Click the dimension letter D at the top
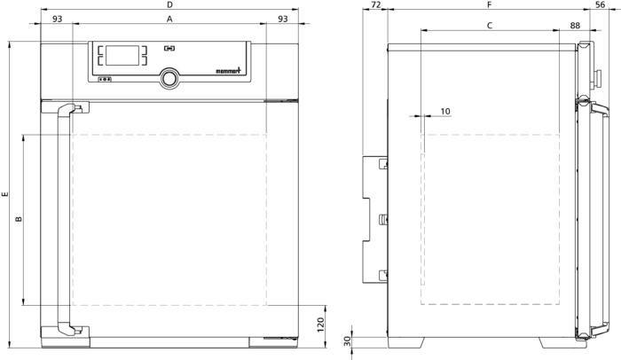click(169, 4)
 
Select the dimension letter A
click(169, 19)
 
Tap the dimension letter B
click(19, 219)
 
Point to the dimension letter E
click(4, 194)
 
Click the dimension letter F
click(489, 4)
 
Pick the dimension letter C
click(490, 26)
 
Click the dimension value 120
click(321, 325)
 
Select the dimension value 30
click(347, 341)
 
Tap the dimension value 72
click(376, 4)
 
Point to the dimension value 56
click(601, 4)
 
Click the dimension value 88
click(575, 26)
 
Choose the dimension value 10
click(445, 112)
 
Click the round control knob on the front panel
click(169, 78)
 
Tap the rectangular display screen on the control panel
click(122, 56)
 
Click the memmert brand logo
click(228, 71)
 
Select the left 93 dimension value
click(58, 19)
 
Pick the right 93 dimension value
click(283, 19)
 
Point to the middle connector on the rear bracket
click(383, 219)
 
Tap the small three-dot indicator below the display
click(105, 79)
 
